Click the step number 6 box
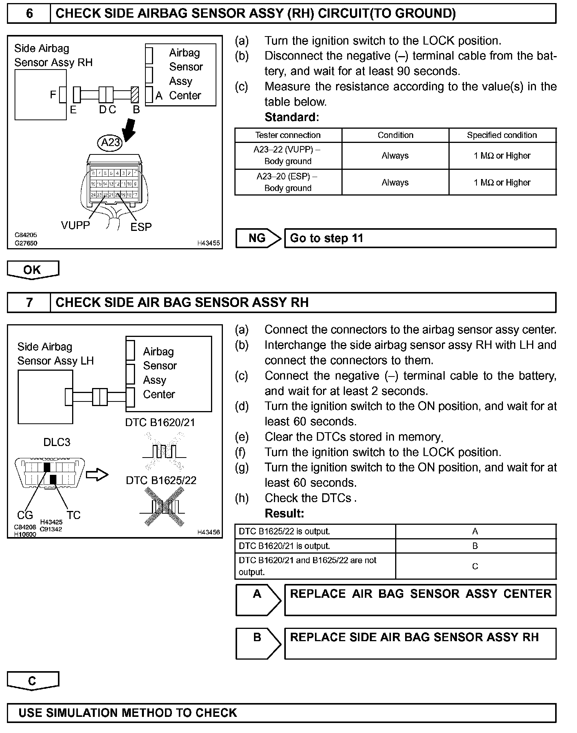coord(29,14)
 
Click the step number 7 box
coord(29,303)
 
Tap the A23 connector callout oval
coord(110,143)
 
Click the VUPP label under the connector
coord(75,225)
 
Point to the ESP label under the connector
coord(141,227)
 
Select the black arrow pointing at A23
coord(129,129)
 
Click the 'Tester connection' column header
coord(288,135)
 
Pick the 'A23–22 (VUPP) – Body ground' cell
coord(288,156)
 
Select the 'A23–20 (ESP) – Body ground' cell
coord(288,182)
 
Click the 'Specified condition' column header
coord(502,135)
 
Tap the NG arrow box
coord(258,238)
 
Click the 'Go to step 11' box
coord(420,238)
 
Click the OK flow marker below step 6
coord(33,270)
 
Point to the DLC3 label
coord(57,442)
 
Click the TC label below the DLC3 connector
coord(73,515)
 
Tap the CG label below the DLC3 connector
coord(25,515)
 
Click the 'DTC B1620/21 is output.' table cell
coord(315,546)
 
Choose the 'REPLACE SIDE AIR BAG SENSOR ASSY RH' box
coord(420,643)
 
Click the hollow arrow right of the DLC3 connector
coord(97,475)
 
